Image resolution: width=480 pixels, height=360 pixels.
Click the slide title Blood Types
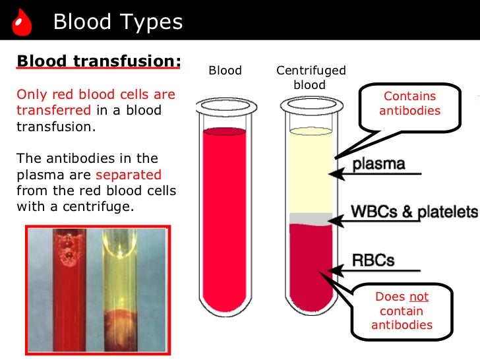tap(117, 22)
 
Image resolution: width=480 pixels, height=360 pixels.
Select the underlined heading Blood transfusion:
tap(98, 61)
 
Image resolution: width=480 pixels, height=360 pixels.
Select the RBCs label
tap(373, 259)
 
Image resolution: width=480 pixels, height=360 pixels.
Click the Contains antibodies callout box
tap(409, 104)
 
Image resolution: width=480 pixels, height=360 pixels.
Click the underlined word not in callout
tap(419, 297)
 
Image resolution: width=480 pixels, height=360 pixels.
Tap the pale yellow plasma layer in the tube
tap(311, 171)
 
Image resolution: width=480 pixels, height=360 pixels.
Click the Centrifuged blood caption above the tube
tap(311, 78)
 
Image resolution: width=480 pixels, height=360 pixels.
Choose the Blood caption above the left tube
tap(225, 71)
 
